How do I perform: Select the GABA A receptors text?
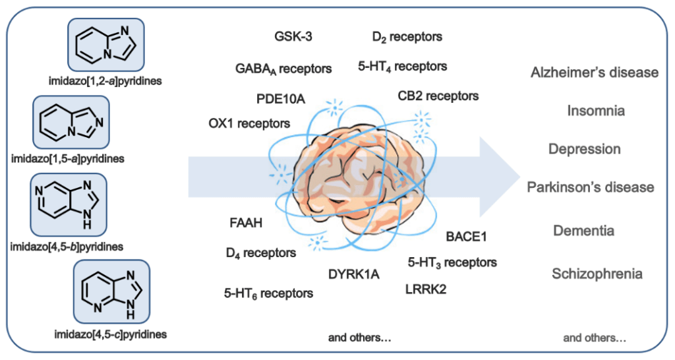[x=283, y=68]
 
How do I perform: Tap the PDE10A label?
[x=281, y=99]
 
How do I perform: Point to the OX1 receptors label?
[x=249, y=123]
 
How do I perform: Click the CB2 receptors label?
[x=438, y=96]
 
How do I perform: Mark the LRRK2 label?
[x=426, y=288]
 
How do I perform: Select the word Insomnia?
[x=596, y=111]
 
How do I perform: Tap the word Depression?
[x=585, y=149]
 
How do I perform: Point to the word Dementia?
[x=584, y=231]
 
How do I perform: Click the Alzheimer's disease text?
[x=595, y=72]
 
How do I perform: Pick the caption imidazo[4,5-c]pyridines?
[x=111, y=334]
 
